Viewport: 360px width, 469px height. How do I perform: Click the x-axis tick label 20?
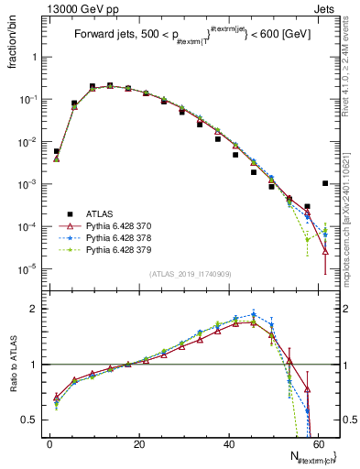pyautogui.click(x=139, y=443)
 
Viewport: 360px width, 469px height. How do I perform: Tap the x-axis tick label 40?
pyautogui.click(x=229, y=443)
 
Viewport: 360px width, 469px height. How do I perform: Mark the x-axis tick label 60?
pyautogui.click(x=318, y=443)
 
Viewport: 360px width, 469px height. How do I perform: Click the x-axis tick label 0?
pyautogui.click(x=50, y=443)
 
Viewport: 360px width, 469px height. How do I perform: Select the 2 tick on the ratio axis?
pyautogui.click(x=37, y=310)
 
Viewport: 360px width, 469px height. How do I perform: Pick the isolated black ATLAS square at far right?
pyautogui.click(x=325, y=183)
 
